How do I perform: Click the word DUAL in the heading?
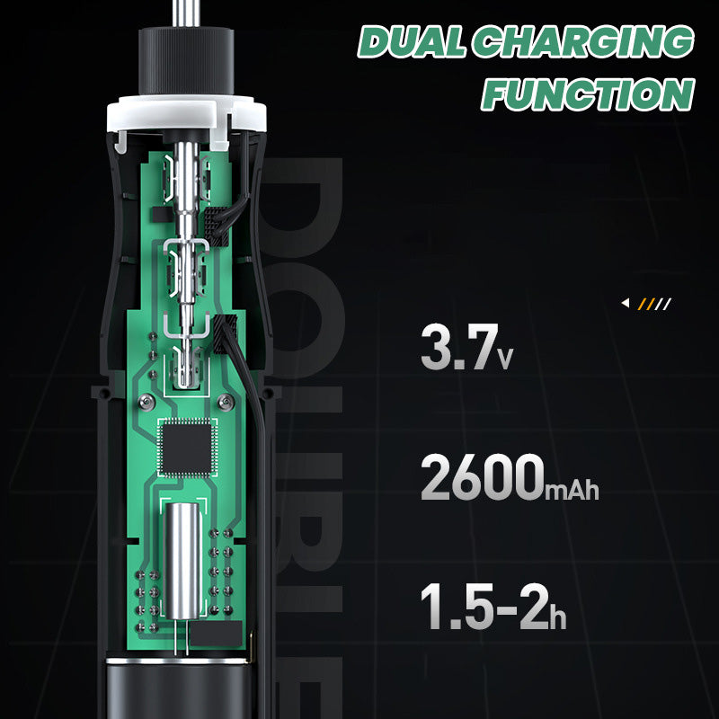412,41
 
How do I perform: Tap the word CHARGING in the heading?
583,41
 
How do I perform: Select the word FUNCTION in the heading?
588,94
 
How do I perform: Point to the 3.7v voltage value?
466,347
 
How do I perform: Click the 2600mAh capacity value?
510,477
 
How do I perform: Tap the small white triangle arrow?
625,303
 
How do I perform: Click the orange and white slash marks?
654,304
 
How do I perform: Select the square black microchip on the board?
187,448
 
